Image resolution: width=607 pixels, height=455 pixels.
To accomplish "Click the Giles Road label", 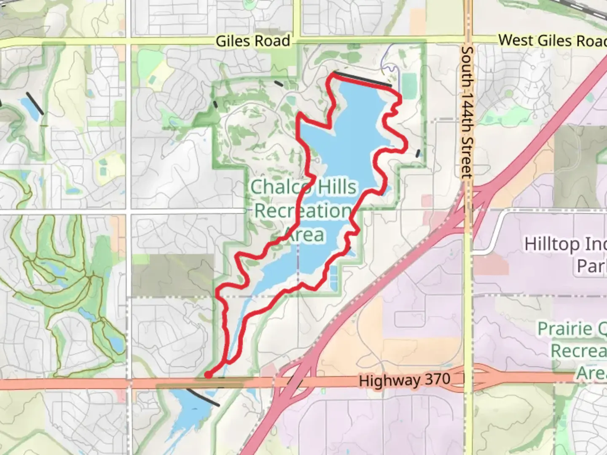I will (x=252, y=41).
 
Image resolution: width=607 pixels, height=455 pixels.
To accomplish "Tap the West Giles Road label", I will (x=552, y=40).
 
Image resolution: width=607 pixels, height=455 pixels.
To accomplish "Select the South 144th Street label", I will (x=467, y=112).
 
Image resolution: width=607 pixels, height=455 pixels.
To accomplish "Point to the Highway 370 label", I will (x=405, y=380).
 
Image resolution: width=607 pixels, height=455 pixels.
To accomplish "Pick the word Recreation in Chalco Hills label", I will (x=303, y=211).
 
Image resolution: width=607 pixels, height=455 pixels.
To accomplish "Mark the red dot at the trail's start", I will (x=208, y=375).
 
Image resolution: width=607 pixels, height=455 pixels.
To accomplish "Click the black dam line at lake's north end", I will (x=363, y=79).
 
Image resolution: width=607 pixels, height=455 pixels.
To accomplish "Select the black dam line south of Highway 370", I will (x=203, y=398).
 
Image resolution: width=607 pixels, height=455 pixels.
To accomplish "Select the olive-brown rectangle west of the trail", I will (x=173, y=275).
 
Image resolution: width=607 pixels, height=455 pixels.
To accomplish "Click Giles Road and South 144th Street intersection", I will (x=467, y=41).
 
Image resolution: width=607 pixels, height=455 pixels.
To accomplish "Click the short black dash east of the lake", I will (x=418, y=153).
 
